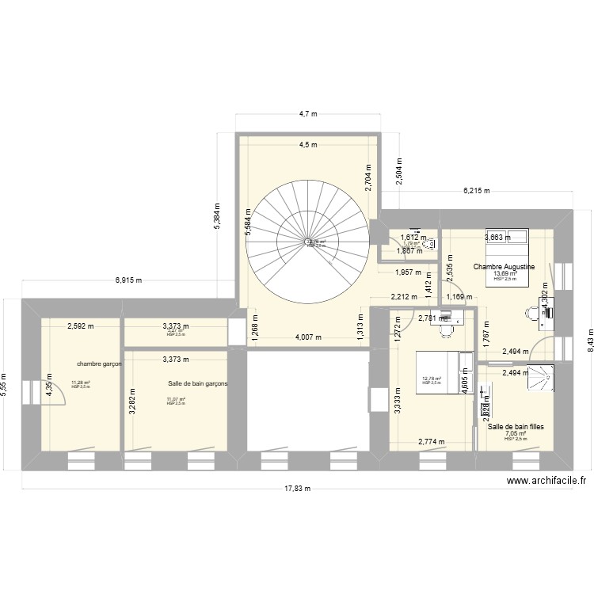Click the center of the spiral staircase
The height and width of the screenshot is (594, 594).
(308, 241)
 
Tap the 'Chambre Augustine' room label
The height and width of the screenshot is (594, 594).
(505, 267)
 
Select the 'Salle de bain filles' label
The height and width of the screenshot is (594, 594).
(520, 427)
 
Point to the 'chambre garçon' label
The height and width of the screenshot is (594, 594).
(99, 364)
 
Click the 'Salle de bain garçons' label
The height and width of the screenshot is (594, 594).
(197, 383)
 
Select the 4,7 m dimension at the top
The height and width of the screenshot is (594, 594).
(307, 114)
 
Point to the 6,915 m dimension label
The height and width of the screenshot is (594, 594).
(128, 280)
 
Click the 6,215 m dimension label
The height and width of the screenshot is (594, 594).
(476, 191)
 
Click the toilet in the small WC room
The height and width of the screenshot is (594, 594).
(428, 244)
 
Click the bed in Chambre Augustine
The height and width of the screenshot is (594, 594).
(507, 235)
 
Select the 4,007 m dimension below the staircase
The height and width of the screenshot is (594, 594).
(307, 337)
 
